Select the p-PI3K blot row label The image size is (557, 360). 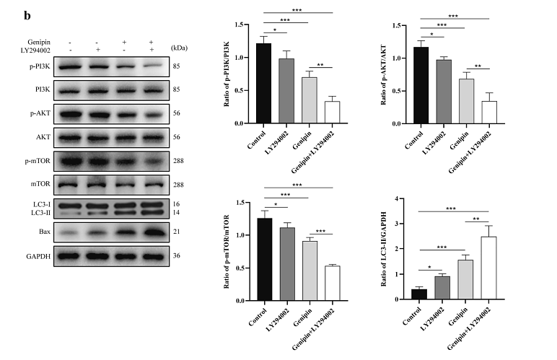click(36, 66)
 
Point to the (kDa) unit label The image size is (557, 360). click(180, 45)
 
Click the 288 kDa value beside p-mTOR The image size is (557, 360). click(180, 161)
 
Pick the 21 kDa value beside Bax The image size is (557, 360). click(177, 232)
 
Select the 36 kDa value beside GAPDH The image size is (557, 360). click(177, 255)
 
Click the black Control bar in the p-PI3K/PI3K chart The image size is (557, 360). click(263, 84)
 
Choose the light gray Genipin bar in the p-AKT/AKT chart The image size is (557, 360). click(467, 101)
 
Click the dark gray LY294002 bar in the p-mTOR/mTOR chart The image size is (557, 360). click(286, 263)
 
